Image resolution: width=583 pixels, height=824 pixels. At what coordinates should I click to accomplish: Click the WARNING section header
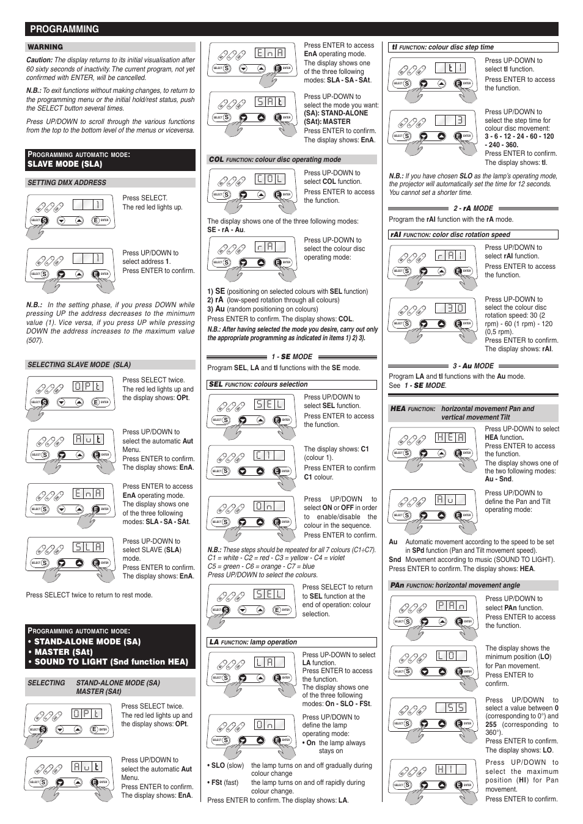pyautogui.click(x=45, y=47)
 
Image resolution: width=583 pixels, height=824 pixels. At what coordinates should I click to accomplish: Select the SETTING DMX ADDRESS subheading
pyautogui.click(x=67, y=183)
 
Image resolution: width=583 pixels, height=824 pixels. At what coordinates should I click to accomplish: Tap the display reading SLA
pyautogui.click(x=89, y=547)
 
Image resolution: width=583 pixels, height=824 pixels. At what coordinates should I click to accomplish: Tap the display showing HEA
pyautogui.click(x=451, y=437)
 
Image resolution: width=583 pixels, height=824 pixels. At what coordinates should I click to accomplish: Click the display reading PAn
pyautogui.click(x=451, y=606)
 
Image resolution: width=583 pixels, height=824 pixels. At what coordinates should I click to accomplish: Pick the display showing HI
pyautogui.click(x=451, y=770)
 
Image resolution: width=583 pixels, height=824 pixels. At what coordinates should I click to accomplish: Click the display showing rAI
pyautogui.click(x=451, y=256)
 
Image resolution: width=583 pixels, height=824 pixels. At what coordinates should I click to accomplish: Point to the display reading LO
pyautogui.click(x=451, y=656)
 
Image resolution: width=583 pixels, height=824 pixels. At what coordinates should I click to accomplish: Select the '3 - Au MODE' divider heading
pyautogui.click(x=473, y=366)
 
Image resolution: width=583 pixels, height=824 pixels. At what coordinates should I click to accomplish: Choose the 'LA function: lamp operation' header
pyautogui.click(x=253, y=642)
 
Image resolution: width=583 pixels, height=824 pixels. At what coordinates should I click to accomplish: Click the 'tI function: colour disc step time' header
pyautogui.click(x=443, y=47)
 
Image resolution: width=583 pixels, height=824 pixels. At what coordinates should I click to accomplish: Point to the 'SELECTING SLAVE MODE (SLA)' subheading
pyautogui.click(x=79, y=365)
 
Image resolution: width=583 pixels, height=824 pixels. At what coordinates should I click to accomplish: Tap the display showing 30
pyautogui.click(x=451, y=308)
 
